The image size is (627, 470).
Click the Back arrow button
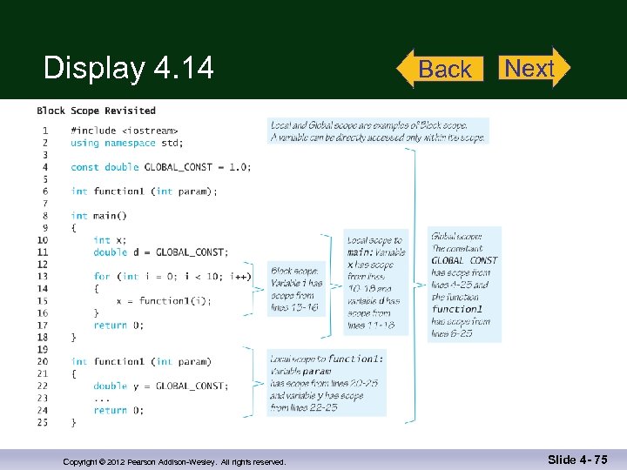442,69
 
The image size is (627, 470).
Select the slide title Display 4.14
129,68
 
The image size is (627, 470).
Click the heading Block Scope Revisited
96,111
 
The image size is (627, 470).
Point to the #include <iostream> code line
117,131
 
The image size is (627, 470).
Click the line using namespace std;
127,143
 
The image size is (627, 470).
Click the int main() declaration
98,216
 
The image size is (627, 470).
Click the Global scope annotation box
465,284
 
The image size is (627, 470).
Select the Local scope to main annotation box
376,282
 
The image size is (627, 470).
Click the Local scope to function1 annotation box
327,382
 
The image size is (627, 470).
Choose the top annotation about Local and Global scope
379,131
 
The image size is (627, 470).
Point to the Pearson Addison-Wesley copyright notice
174,461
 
